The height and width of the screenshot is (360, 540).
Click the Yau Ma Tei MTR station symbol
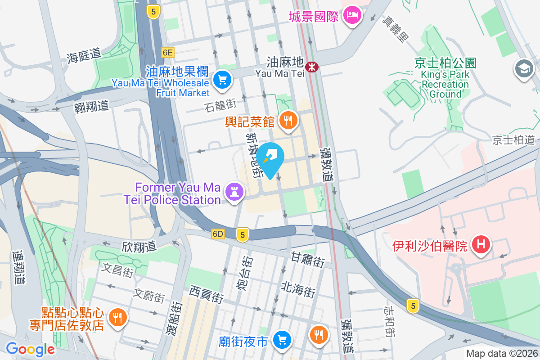click(x=311, y=67)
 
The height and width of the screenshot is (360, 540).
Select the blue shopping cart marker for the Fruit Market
click(x=222, y=80)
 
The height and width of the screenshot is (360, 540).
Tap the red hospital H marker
click(x=481, y=245)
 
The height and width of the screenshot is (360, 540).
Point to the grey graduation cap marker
click(x=524, y=69)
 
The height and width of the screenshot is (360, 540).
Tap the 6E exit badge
click(x=168, y=53)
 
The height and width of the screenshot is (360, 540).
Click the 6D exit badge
click(x=218, y=234)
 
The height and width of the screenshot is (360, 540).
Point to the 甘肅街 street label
click(x=308, y=260)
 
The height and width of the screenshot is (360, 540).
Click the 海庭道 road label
click(x=84, y=55)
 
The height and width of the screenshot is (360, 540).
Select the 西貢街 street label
click(x=206, y=293)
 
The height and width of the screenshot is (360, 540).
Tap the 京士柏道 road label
click(x=513, y=139)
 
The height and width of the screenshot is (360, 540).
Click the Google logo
click(x=30, y=349)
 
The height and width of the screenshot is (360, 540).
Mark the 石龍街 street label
click(x=220, y=106)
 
